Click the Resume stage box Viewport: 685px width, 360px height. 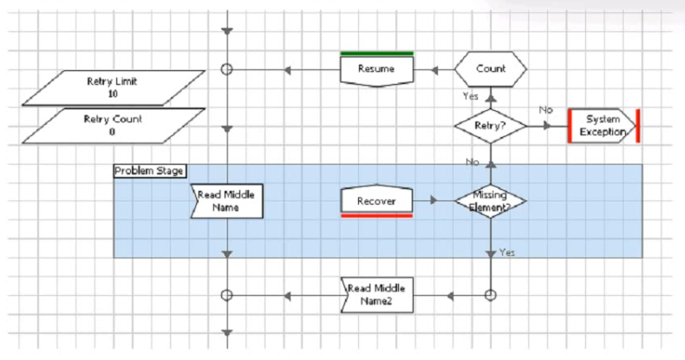point(376,70)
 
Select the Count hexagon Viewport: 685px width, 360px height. point(491,69)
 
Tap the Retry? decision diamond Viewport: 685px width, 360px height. point(491,126)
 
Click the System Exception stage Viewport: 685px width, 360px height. point(603,126)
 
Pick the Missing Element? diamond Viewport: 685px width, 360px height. point(491,201)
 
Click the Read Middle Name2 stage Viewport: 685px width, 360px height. point(376,295)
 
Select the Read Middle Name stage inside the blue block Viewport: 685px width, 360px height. point(226,201)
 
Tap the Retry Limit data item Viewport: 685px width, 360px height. point(114,88)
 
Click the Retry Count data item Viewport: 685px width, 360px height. point(114,126)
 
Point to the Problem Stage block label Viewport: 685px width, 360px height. point(149,171)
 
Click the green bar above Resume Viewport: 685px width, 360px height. point(376,54)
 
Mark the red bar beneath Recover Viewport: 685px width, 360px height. point(376,215)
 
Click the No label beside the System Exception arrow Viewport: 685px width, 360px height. point(545,110)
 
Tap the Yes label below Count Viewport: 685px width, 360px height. point(471,96)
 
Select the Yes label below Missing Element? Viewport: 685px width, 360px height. point(507,252)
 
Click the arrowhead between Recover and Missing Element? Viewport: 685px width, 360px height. point(434,200)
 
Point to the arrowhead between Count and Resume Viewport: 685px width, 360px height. point(434,70)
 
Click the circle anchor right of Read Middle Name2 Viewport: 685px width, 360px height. point(491,295)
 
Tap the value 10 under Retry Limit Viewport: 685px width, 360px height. point(113,94)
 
